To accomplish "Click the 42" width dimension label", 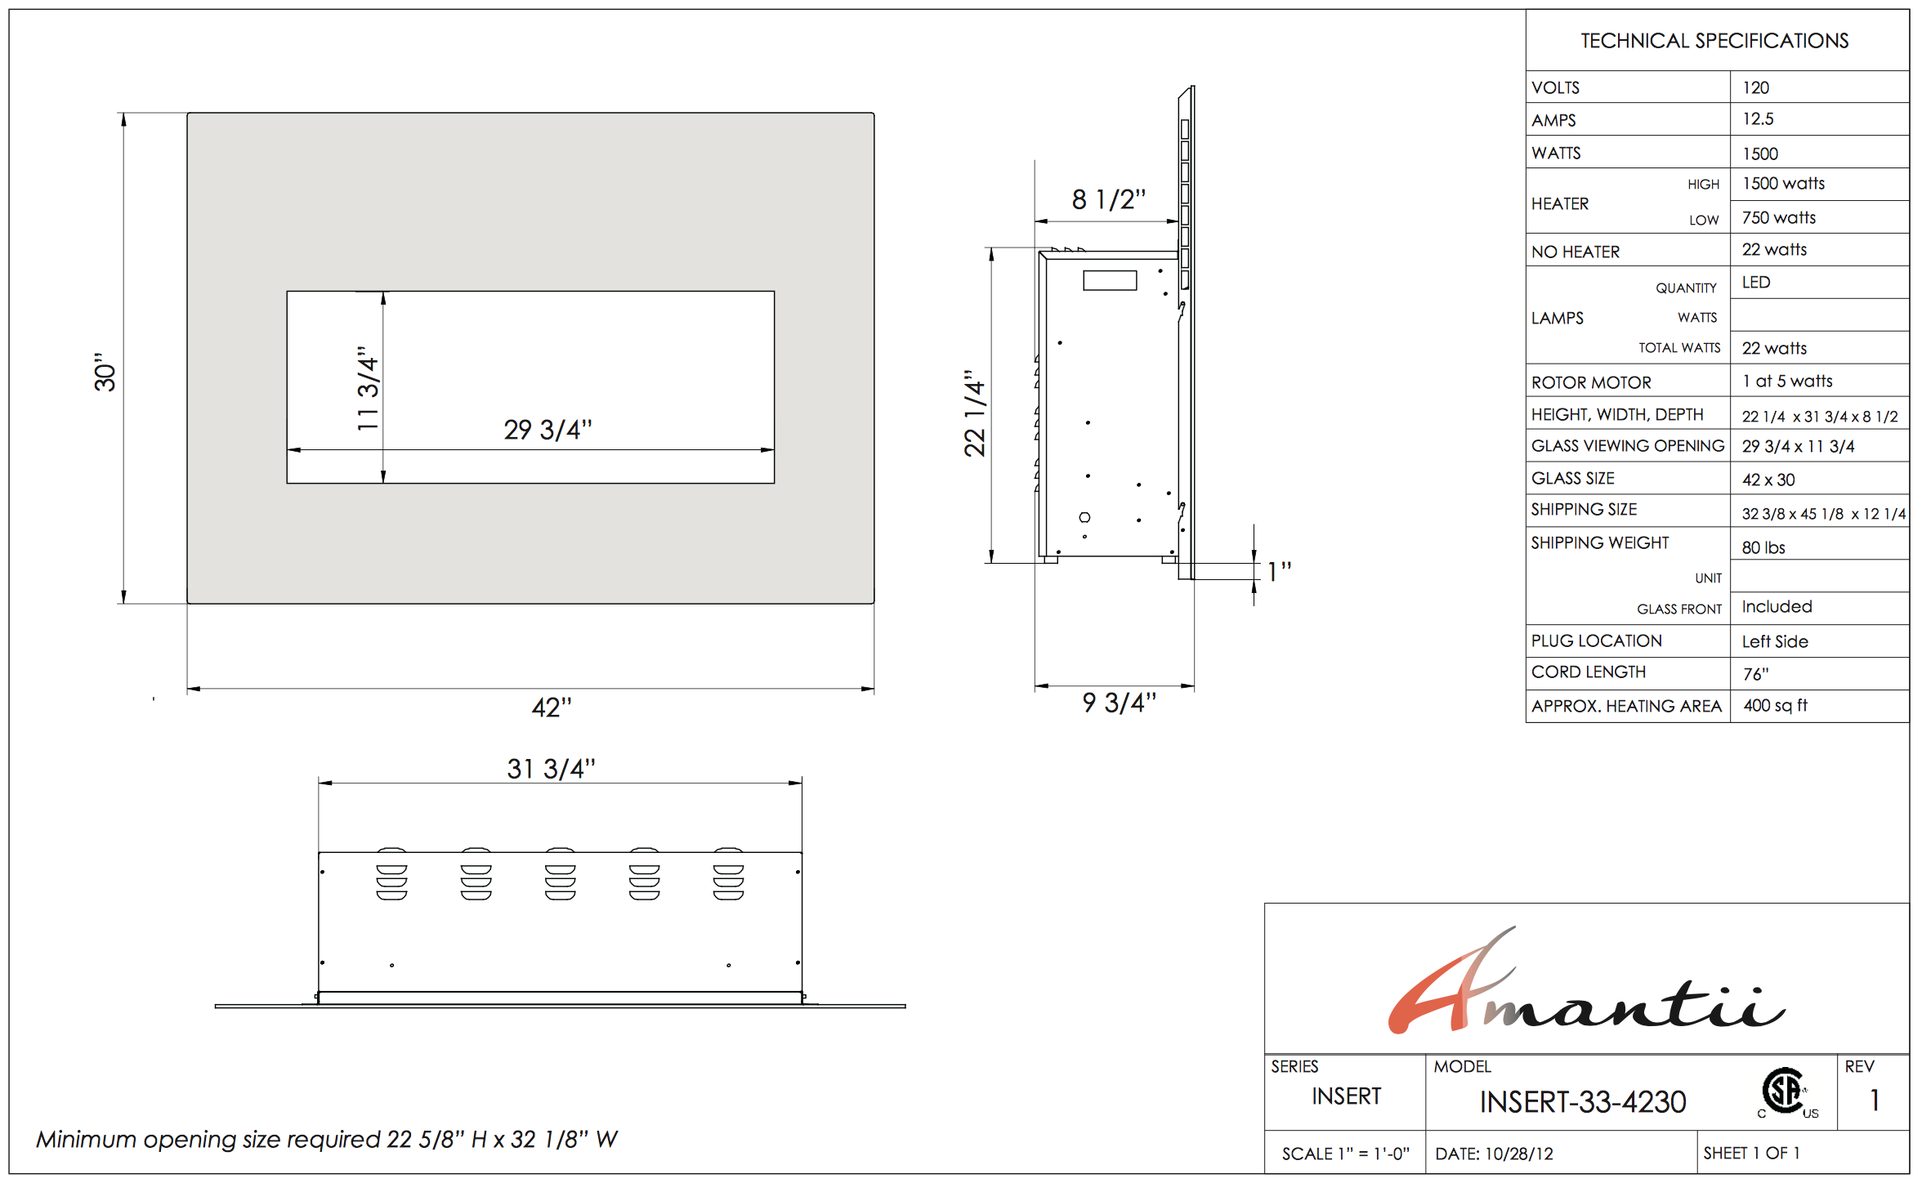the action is point(552,708).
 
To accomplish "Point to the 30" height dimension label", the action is point(105,373).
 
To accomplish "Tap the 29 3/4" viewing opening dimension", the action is point(548,430).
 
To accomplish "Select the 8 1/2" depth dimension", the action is point(1109,199).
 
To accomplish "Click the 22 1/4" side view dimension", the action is point(975,413).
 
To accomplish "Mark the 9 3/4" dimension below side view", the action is point(1120,703).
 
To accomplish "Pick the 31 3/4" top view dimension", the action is point(551,769).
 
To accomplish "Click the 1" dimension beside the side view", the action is point(1279,571).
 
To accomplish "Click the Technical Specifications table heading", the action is point(1714,41).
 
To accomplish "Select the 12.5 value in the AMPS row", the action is point(1758,119).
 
